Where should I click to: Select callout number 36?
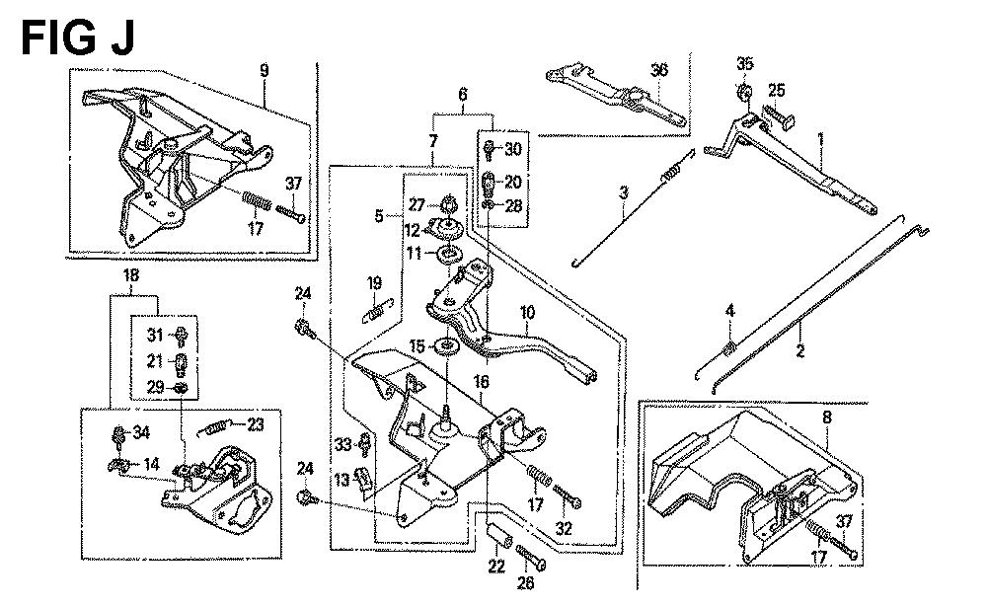659,69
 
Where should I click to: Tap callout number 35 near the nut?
745,65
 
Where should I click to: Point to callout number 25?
777,91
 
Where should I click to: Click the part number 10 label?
528,314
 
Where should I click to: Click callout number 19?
374,284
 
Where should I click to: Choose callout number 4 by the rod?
729,312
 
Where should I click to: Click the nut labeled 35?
745,94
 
